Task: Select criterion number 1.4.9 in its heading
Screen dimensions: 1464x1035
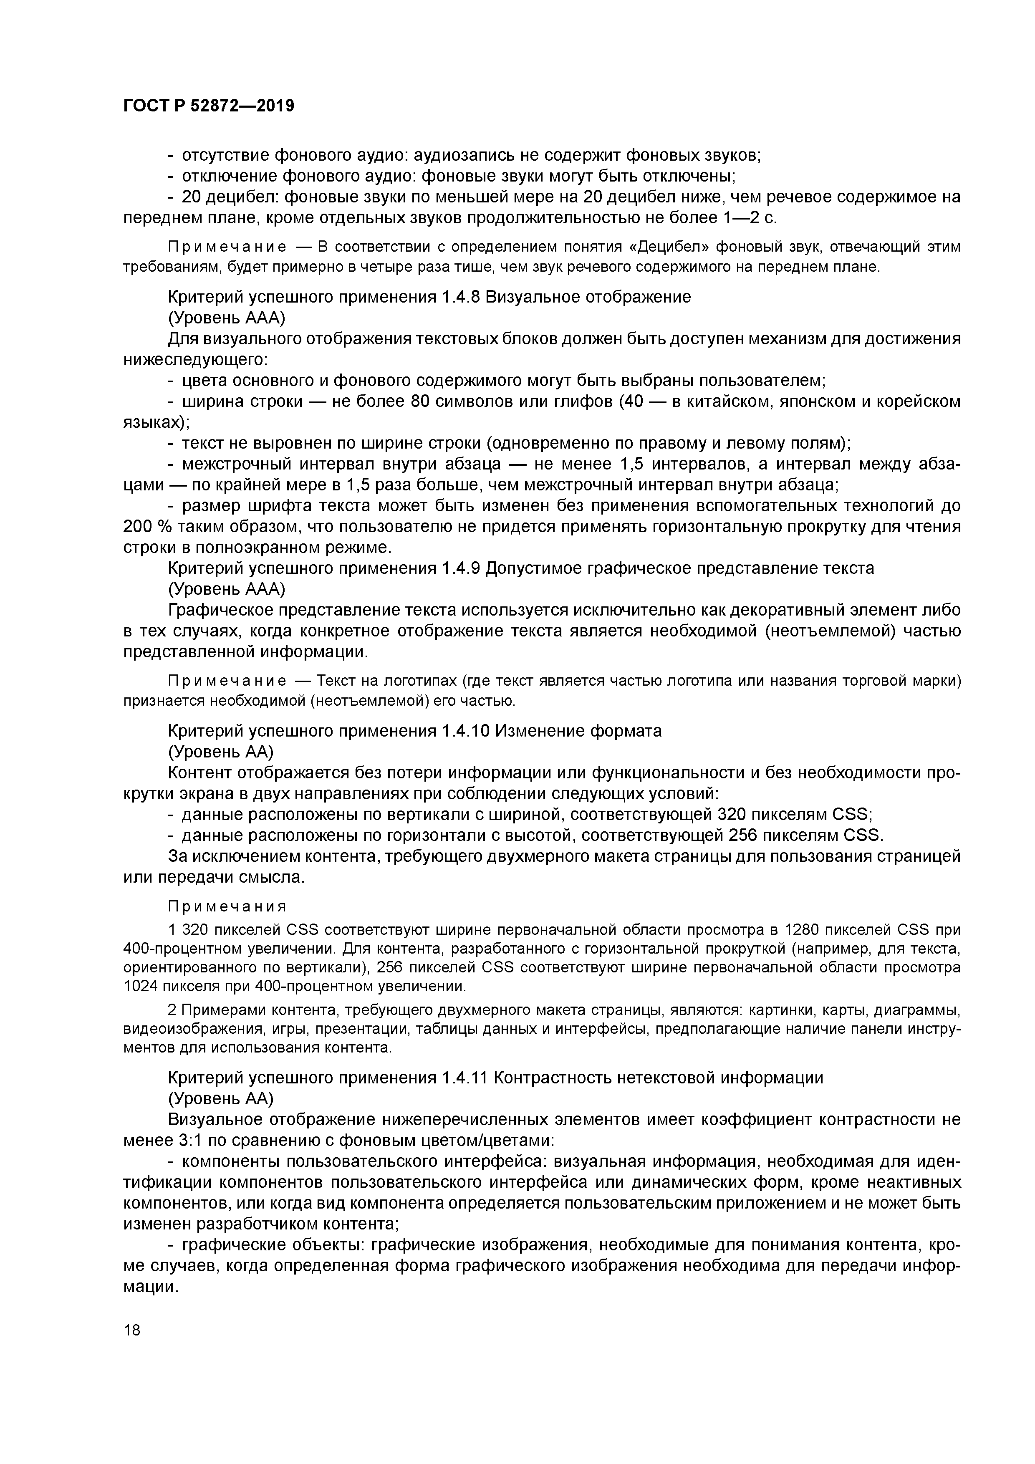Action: [x=460, y=568]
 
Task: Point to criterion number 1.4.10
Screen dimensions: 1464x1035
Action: [x=465, y=731]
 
